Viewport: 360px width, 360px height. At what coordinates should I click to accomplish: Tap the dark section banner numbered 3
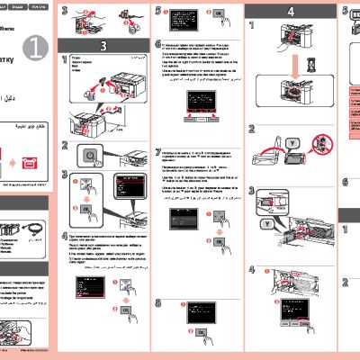tap(103, 45)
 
